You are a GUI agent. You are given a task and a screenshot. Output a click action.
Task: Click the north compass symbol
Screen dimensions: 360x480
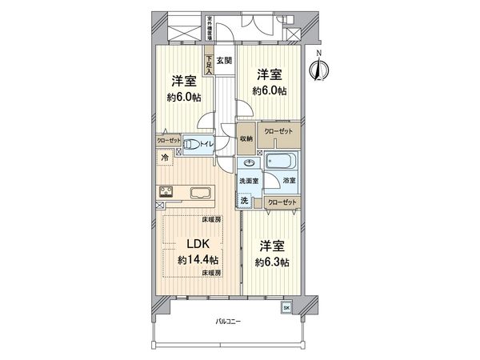[x=318, y=70]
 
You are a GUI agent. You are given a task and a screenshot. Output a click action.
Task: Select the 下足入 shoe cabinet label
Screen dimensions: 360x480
[x=209, y=63]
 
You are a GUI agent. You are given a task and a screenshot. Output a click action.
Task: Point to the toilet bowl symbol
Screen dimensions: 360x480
[x=191, y=145]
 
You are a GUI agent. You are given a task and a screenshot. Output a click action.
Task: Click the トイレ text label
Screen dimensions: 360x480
[x=206, y=145]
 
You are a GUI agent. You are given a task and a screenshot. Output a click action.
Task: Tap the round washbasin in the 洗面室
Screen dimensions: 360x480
[x=246, y=162]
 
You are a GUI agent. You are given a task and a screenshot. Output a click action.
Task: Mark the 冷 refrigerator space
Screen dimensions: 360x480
[x=165, y=158]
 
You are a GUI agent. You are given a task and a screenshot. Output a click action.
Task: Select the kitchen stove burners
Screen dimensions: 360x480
[x=168, y=190]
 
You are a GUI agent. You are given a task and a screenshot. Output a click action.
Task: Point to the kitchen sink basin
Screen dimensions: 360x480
[x=201, y=192]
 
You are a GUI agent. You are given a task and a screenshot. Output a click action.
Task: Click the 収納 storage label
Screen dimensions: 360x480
[x=246, y=138]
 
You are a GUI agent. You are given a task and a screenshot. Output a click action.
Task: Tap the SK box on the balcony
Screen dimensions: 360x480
[x=286, y=307]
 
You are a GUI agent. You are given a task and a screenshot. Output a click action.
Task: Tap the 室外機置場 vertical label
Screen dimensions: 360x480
[x=209, y=29]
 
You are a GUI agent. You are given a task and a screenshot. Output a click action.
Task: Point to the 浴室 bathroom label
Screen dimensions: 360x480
[x=290, y=182]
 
